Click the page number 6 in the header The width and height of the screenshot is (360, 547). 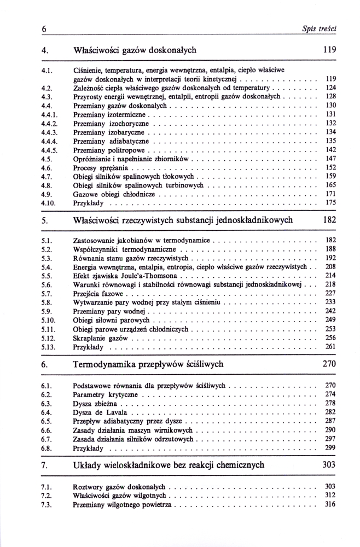point(43,28)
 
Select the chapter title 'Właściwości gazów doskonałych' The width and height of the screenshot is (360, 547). point(135,50)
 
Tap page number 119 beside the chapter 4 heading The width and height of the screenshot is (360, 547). point(329,50)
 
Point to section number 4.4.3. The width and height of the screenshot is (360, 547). point(49,132)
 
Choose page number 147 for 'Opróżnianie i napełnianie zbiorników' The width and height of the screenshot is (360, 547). point(330,158)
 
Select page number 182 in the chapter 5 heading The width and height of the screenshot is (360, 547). point(329,220)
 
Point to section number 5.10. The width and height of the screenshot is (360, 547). point(48,319)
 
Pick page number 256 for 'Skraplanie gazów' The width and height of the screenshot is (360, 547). point(330,337)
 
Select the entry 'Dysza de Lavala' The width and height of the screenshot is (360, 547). point(100,412)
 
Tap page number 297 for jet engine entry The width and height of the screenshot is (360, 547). point(330,439)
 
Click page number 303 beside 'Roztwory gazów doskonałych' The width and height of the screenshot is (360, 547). point(330,486)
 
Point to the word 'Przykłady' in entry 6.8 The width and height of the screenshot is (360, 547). point(88,447)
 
